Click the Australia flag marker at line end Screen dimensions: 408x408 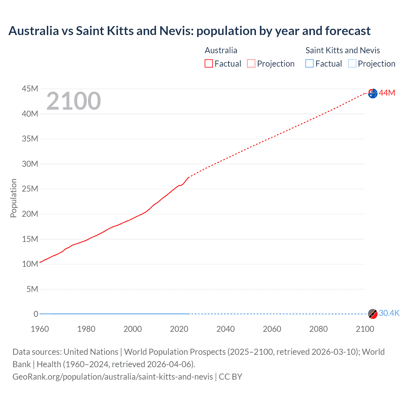[x=373, y=93]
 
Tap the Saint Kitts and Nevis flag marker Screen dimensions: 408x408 [x=373, y=314]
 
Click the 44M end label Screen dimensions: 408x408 [x=387, y=93]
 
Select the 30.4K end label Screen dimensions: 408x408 [x=389, y=313]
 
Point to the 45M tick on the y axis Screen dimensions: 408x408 [x=30, y=89]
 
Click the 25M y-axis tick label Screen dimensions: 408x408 [x=30, y=189]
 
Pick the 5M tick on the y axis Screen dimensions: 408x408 [x=32, y=289]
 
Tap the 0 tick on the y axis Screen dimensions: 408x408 [x=36, y=314]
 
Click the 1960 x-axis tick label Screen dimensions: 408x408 [x=40, y=329]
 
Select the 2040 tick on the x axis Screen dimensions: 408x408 [x=225, y=329]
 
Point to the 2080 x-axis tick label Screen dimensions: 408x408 [x=318, y=329]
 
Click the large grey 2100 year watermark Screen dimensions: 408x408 [x=74, y=101]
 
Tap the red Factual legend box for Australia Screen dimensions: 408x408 [x=209, y=64]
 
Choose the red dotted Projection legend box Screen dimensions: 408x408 [x=251, y=64]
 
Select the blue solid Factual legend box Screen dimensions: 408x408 [x=310, y=64]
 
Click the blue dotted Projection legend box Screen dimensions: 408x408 [x=352, y=64]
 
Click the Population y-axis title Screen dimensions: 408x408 [x=13, y=198]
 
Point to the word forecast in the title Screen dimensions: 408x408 [x=348, y=31]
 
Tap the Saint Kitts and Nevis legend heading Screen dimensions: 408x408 [x=343, y=50]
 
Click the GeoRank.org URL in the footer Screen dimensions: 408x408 [x=113, y=377]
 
